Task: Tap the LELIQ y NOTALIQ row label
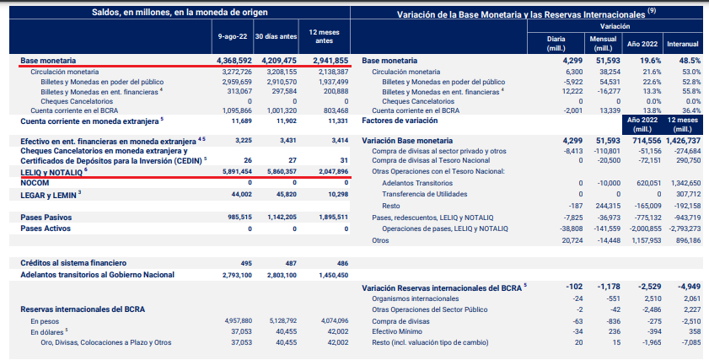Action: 51,171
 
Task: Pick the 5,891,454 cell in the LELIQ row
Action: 234,171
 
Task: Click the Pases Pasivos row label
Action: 47,217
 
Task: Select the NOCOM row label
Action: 35,182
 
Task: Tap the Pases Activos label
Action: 46,228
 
